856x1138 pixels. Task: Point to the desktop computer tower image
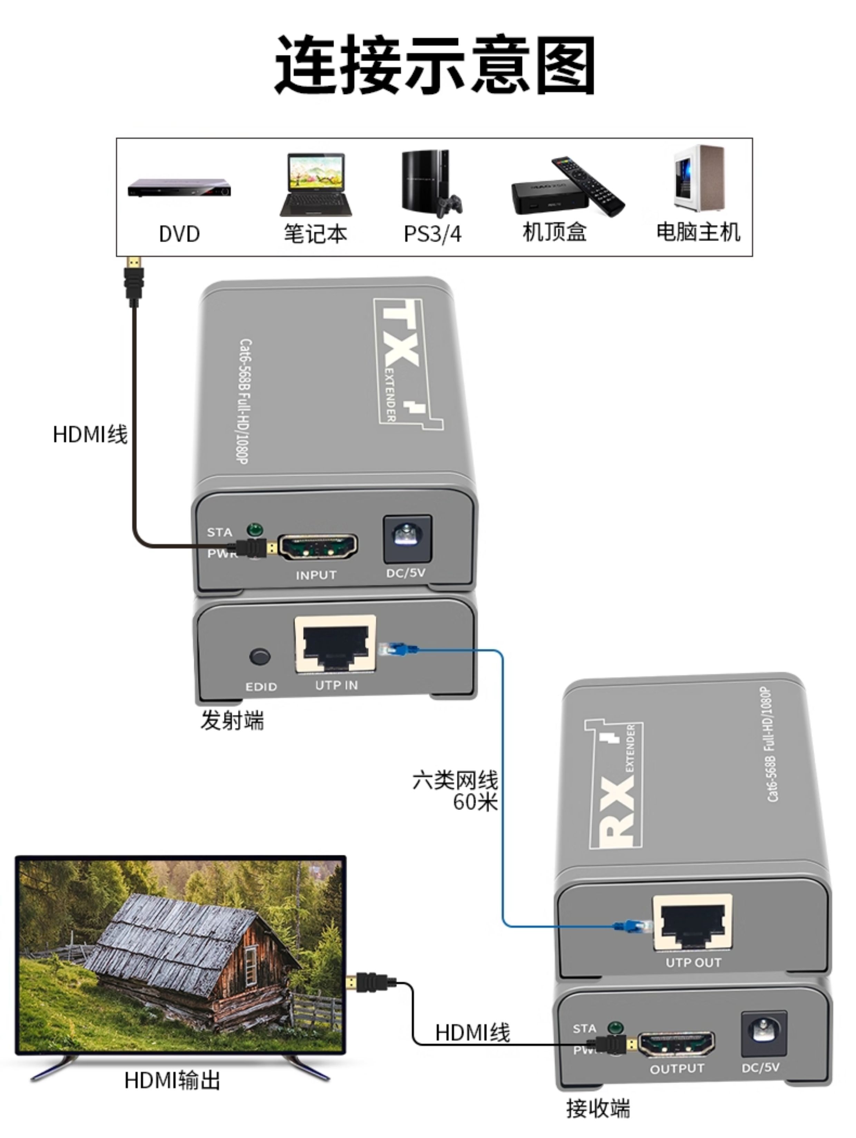point(699,178)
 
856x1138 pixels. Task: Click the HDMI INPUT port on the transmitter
point(318,547)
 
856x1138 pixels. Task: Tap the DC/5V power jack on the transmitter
point(407,539)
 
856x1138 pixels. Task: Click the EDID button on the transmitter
point(260,656)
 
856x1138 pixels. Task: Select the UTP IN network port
point(335,644)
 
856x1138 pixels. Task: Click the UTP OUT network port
point(692,922)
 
